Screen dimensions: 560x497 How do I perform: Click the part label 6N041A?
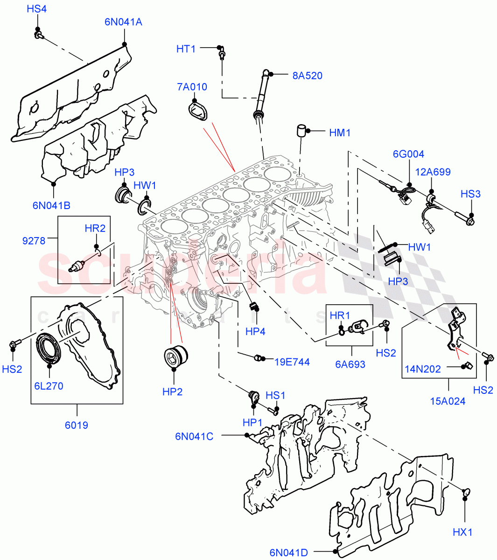(x=123, y=21)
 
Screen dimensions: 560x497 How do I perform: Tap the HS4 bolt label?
(x=36, y=9)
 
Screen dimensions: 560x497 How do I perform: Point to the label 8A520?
(x=307, y=76)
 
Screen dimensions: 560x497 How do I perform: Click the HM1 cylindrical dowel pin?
(x=301, y=130)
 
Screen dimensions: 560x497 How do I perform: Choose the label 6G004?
(x=408, y=154)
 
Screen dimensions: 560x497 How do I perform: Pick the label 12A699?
(x=433, y=172)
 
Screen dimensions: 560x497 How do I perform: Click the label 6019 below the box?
(x=77, y=425)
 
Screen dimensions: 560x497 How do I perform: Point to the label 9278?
(x=34, y=241)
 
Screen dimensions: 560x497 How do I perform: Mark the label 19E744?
(x=292, y=362)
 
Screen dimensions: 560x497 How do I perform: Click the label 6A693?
(x=350, y=364)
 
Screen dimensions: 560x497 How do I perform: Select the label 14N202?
(x=422, y=369)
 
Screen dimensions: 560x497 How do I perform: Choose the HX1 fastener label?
(x=462, y=532)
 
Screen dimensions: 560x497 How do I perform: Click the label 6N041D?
(x=288, y=553)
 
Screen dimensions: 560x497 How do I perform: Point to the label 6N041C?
(x=194, y=436)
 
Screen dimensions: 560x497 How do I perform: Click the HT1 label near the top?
(x=186, y=49)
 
